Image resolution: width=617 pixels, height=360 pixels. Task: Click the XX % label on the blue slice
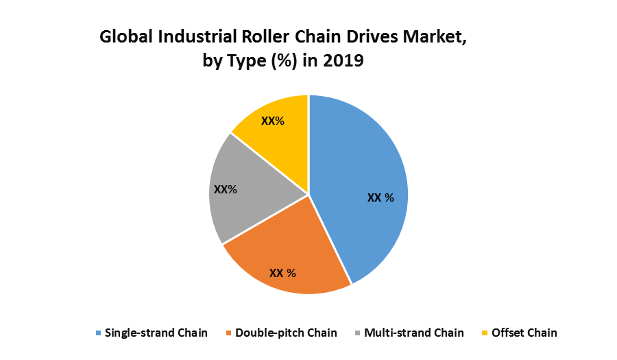(x=380, y=197)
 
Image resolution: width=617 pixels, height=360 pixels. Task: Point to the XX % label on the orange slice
(x=282, y=273)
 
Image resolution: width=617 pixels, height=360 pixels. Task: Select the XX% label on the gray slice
(x=226, y=189)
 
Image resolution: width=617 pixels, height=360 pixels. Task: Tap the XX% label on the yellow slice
(x=273, y=121)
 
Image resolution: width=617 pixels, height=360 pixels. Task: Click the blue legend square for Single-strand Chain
(x=99, y=333)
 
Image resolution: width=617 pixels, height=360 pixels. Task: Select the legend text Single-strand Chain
(x=156, y=333)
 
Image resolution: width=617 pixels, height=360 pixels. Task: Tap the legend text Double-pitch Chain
(x=286, y=333)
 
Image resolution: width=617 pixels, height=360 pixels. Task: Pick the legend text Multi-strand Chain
(x=414, y=333)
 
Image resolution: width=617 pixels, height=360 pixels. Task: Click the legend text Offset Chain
(x=525, y=333)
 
